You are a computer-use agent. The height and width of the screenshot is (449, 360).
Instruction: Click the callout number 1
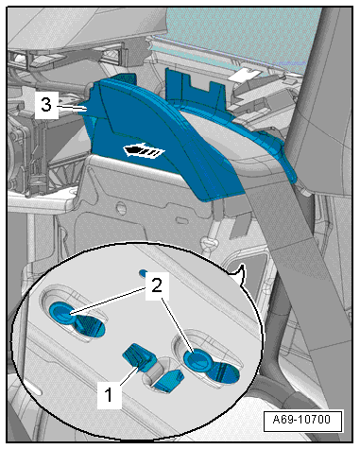click(109, 394)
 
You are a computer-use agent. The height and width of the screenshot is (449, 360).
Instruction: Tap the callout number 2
click(157, 286)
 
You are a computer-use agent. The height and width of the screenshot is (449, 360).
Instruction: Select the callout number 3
click(46, 104)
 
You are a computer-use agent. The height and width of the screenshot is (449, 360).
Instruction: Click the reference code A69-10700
click(301, 420)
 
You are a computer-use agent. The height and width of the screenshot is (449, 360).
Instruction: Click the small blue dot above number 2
click(144, 272)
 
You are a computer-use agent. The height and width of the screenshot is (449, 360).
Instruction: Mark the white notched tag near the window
click(245, 74)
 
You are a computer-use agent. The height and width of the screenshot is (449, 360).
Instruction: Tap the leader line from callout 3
click(72, 108)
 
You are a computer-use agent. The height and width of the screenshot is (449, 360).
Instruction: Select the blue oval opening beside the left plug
click(90, 327)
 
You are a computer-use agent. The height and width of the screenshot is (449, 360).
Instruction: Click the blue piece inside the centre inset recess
click(167, 381)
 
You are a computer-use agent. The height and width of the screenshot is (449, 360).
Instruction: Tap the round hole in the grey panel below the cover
click(121, 208)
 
